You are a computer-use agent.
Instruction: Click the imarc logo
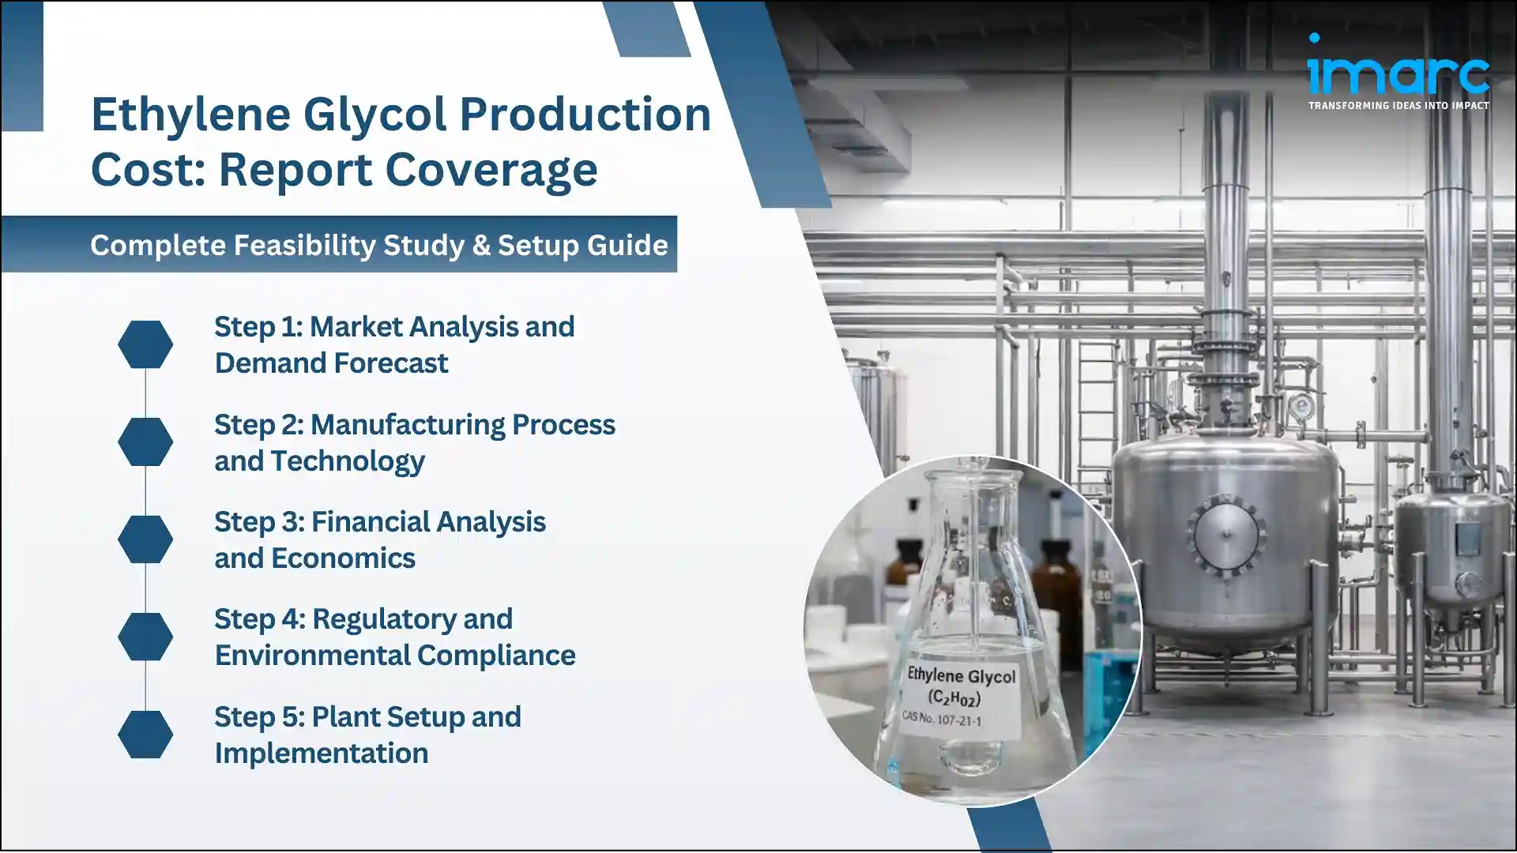click(x=1398, y=67)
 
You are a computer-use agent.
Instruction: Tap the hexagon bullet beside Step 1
click(x=145, y=344)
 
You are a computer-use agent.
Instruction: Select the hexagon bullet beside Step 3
click(x=145, y=539)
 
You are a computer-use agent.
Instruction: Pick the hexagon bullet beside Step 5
click(x=145, y=735)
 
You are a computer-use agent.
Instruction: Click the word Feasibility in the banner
click(x=304, y=245)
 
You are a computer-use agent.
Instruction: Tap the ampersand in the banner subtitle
click(x=480, y=245)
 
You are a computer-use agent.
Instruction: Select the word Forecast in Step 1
click(x=390, y=363)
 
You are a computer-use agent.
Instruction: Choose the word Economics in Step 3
click(x=343, y=558)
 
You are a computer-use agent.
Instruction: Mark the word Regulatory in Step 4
click(x=412, y=619)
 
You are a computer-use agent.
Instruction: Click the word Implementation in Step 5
click(x=321, y=753)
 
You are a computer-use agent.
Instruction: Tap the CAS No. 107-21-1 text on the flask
click(x=941, y=718)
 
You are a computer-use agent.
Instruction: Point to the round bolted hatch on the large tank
click(x=1225, y=535)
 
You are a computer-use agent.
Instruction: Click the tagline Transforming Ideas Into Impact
click(x=1398, y=105)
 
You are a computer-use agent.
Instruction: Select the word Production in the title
click(x=585, y=115)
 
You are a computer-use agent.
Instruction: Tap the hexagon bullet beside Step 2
click(x=145, y=442)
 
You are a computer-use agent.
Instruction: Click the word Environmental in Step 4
click(x=312, y=656)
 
